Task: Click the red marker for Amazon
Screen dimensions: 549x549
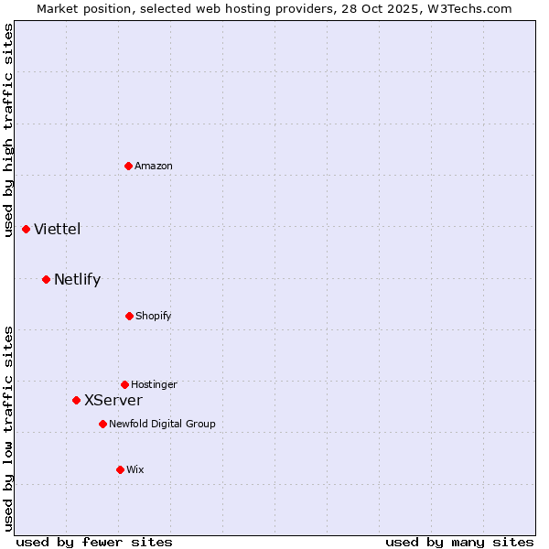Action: pyautogui.click(x=129, y=166)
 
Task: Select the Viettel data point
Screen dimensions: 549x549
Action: pyautogui.click(x=26, y=229)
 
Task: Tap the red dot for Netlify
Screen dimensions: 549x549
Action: pyautogui.click(x=46, y=279)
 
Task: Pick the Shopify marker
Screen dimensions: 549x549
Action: pyautogui.click(x=129, y=316)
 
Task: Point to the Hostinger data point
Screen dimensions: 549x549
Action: pyautogui.click(x=124, y=384)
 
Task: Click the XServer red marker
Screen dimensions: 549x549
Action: pyautogui.click(x=76, y=400)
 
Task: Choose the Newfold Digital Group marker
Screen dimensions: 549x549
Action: pyautogui.click(x=102, y=424)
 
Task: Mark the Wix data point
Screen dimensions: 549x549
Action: pyautogui.click(x=120, y=469)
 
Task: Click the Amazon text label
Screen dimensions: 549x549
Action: pyautogui.click(x=154, y=166)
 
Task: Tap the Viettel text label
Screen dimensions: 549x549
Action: pyautogui.click(x=58, y=229)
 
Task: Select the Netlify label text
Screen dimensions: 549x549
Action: pyautogui.click(x=78, y=279)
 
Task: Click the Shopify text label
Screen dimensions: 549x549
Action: pyautogui.click(x=154, y=316)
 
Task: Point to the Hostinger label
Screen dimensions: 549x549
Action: pyautogui.click(x=154, y=384)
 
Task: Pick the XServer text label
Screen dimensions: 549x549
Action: pyautogui.click(x=113, y=400)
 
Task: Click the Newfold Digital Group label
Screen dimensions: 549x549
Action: pyautogui.click(x=162, y=424)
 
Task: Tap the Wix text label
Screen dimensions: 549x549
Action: pyautogui.click(x=135, y=469)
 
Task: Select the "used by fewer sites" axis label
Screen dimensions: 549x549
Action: pyautogui.click(x=94, y=542)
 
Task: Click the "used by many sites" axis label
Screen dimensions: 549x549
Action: pyautogui.click(x=459, y=542)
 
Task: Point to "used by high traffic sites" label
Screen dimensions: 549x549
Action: pyautogui.click(x=9, y=130)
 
